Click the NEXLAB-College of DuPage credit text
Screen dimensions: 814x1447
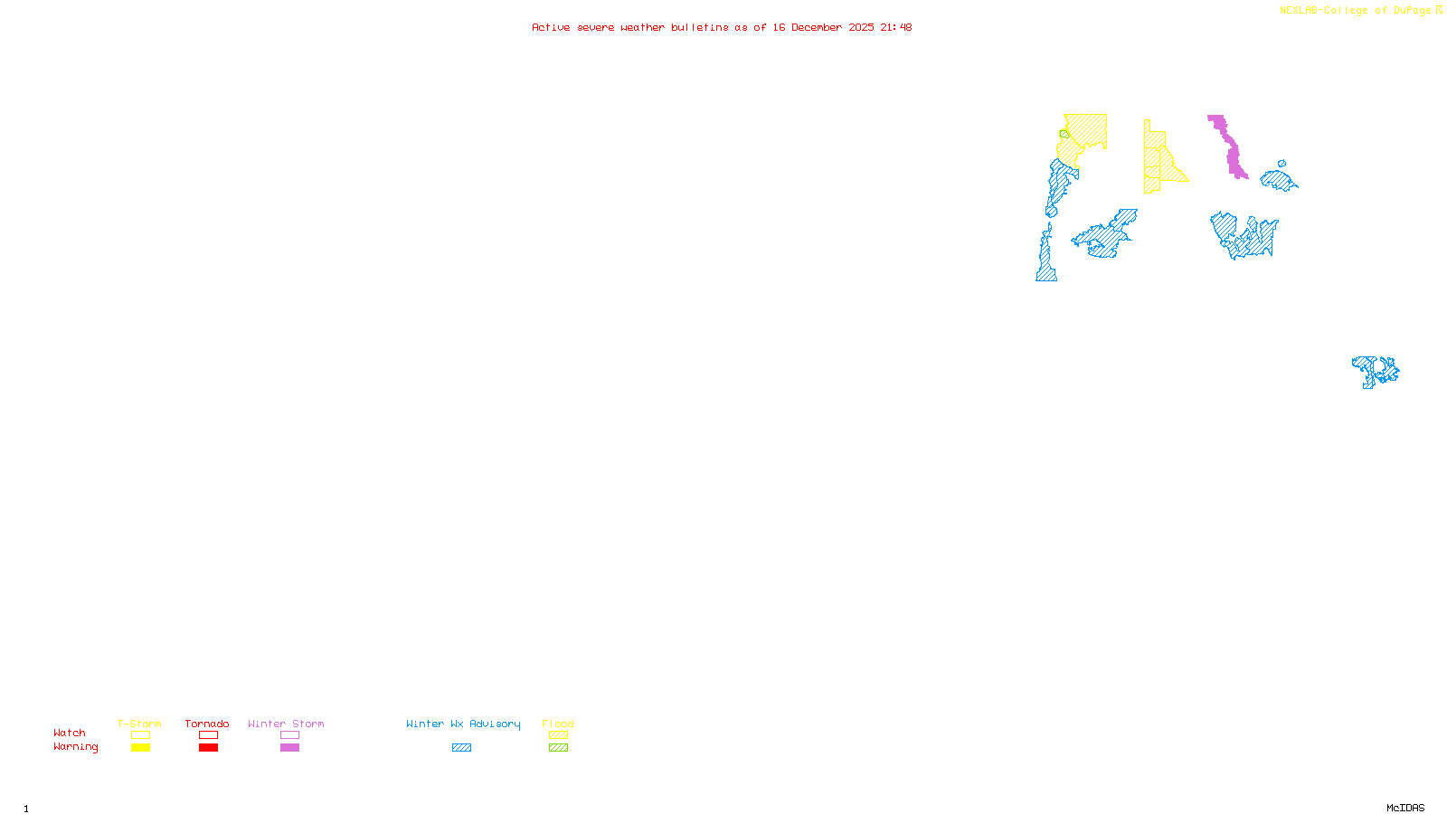1360,11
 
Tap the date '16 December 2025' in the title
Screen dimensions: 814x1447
823,28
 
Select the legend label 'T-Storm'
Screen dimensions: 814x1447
139,724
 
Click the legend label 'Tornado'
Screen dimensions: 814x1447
207,724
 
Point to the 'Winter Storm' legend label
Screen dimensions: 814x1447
286,724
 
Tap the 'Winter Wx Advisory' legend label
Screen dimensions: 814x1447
463,724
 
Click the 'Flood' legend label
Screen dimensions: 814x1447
558,724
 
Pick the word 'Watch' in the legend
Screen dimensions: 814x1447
70,734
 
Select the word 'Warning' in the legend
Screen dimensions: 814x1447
75,747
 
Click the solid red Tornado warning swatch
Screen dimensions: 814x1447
208,748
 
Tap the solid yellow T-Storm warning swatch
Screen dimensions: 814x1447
140,748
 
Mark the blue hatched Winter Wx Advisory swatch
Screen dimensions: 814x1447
461,748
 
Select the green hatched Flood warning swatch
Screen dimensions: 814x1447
558,748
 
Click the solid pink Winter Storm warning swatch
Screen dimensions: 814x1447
289,748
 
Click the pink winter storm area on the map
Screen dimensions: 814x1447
1231,149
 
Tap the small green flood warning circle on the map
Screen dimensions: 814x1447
1064,135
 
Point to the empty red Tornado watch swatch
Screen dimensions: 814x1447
208,735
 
